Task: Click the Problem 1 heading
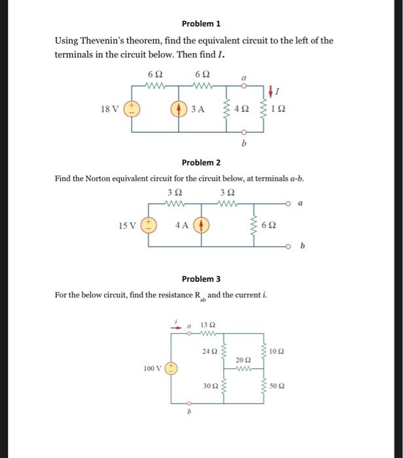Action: [201, 24]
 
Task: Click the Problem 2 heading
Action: [201, 162]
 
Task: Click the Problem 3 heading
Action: [201, 279]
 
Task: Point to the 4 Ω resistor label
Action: [243, 109]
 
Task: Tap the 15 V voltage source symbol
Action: [149, 226]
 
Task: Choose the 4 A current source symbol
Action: [201, 226]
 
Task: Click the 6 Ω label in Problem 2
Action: [269, 226]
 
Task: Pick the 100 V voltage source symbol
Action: [172, 369]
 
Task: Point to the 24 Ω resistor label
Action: [210, 352]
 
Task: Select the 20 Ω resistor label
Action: [243, 361]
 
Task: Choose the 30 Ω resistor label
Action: [210, 387]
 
